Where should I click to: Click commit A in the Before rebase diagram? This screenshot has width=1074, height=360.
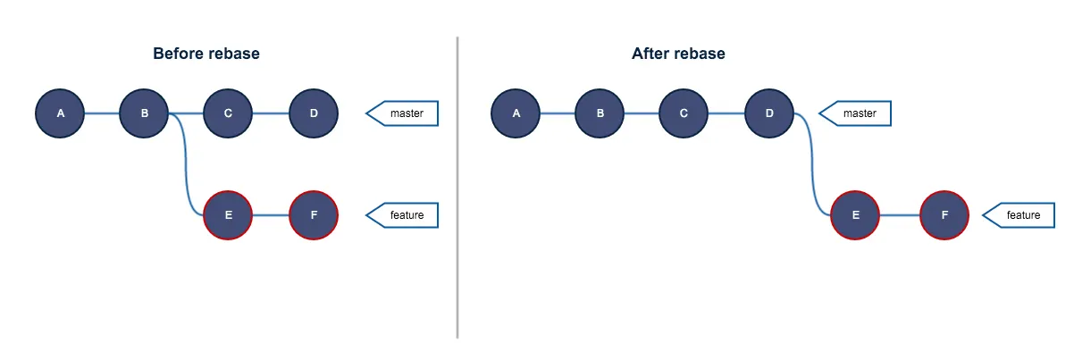(x=60, y=113)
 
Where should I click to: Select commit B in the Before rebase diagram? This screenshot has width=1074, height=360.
(x=144, y=113)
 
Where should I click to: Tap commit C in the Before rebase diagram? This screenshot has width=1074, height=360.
(x=228, y=113)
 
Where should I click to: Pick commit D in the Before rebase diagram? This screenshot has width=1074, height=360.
(x=314, y=113)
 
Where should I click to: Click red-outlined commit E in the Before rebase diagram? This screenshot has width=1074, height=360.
(x=228, y=215)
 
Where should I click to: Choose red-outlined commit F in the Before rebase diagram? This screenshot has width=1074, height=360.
(x=314, y=215)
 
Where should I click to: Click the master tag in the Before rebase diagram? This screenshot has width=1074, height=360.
(x=404, y=113)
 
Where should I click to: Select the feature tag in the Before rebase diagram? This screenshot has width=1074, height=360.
(x=404, y=215)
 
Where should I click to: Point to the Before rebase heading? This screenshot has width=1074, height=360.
(x=206, y=54)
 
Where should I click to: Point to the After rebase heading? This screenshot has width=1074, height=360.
(x=678, y=54)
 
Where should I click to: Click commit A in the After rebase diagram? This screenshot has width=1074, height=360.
(x=516, y=113)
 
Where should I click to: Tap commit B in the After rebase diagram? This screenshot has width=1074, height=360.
(x=600, y=113)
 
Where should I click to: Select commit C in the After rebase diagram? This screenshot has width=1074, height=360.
(x=684, y=113)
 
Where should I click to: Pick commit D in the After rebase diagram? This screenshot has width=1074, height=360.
(x=769, y=113)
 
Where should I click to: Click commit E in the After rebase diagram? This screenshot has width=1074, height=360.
(x=855, y=215)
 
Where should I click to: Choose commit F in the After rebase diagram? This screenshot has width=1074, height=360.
(x=944, y=215)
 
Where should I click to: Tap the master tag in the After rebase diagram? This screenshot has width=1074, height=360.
(x=858, y=113)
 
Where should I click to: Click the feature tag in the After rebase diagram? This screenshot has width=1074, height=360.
(x=1020, y=215)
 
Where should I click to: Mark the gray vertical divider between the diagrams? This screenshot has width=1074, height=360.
(x=457, y=188)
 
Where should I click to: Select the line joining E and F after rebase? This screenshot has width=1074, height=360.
(x=900, y=215)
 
